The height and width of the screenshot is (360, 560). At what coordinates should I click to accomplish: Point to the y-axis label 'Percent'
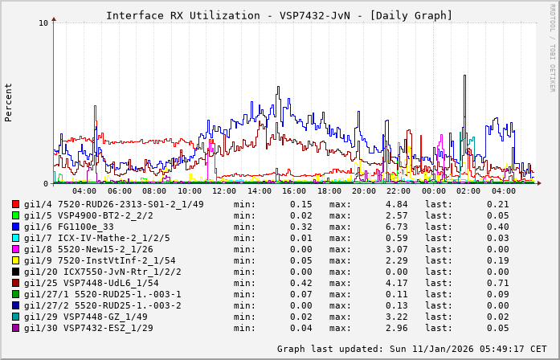point(9,102)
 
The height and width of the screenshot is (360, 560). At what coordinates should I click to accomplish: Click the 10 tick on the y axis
point(44,22)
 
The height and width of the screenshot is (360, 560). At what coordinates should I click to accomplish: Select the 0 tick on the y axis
point(47,183)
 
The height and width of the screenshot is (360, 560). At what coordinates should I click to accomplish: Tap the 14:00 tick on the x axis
point(260,191)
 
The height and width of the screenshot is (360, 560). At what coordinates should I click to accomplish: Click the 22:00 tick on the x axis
point(399,191)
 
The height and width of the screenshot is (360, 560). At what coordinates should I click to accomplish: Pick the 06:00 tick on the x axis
point(120,191)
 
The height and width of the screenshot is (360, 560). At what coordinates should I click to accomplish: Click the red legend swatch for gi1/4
point(15,205)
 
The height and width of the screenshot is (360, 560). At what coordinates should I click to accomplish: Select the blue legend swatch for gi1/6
point(15,227)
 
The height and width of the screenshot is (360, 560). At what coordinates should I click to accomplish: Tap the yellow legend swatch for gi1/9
point(15,261)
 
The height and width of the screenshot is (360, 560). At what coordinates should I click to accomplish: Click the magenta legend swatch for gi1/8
point(15,250)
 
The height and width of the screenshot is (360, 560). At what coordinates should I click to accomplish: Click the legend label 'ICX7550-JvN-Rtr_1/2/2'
point(120,272)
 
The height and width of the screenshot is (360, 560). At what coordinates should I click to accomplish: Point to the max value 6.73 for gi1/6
point(397,227)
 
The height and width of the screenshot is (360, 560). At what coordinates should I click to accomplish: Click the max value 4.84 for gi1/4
point(397,204)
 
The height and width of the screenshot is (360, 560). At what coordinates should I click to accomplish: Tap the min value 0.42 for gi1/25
point(300,283)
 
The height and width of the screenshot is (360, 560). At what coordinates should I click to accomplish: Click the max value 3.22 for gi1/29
point(397,317)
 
